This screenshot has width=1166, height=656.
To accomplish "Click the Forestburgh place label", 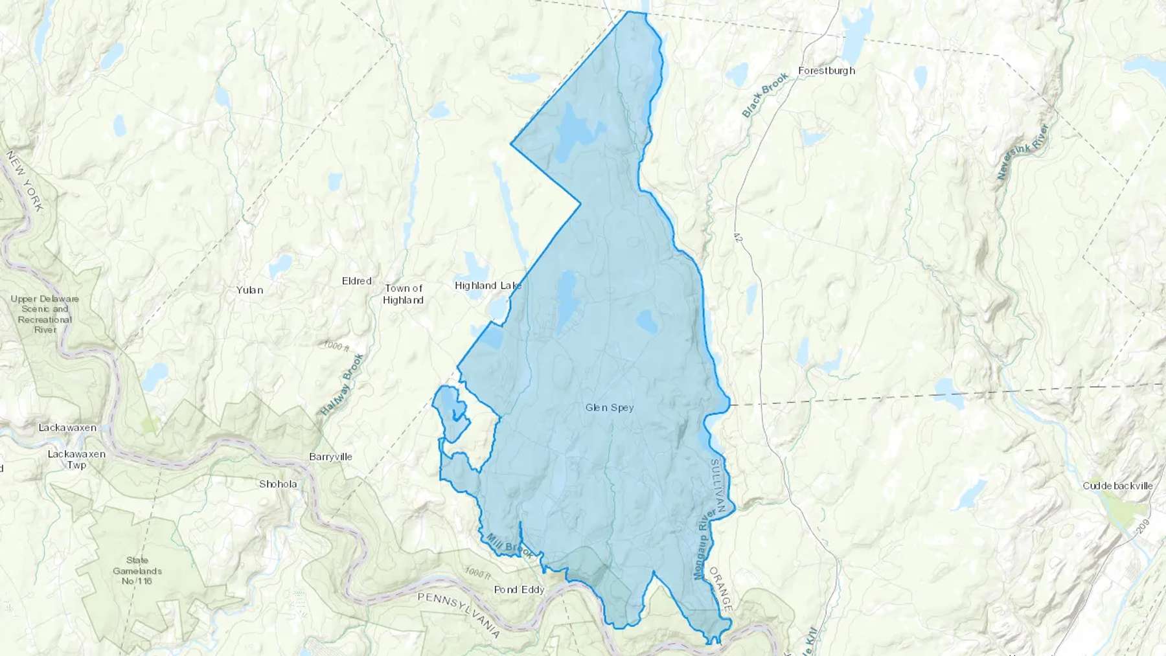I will (x=827, y=71).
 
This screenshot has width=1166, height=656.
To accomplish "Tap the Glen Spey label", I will (x=610, y=407).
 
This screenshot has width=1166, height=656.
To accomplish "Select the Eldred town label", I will (x=357, y=281).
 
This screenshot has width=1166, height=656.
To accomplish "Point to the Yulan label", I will (x=250, y=290).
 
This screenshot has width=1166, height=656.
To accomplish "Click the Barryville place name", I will (x=331, y=457).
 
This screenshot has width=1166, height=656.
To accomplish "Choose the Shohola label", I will (x=278, y=484).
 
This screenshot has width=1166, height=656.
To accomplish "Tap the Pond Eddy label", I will (x=519, y=589).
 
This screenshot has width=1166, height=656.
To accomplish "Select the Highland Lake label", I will (x=488, y=286).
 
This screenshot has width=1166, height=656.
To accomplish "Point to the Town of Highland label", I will (x=404, y=294).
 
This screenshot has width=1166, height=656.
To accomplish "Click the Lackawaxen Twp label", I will (x=76, y=459).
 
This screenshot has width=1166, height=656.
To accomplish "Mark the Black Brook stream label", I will (x=765, y=95).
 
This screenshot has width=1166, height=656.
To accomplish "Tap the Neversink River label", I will (x=1022, y=152).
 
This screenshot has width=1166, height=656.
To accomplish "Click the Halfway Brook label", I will (x=343, y=385).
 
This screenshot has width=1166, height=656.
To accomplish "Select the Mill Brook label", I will (x=510, y=546).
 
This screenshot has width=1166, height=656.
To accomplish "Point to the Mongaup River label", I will (x=704, y=543).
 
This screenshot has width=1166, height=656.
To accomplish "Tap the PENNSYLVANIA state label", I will (x=459, y=615).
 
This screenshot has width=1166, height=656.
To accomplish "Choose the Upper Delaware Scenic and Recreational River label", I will (x=45, y=314).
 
